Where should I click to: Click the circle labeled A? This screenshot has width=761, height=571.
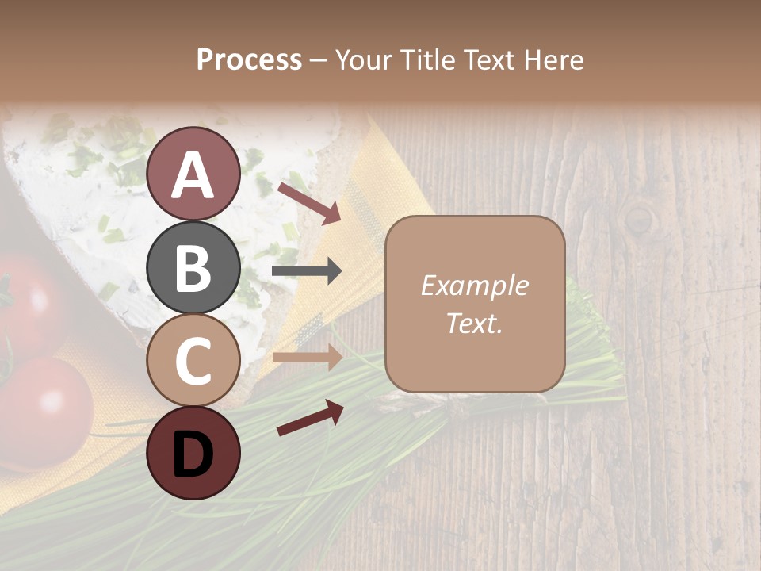193,174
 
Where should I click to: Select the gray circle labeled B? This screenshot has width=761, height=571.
193,267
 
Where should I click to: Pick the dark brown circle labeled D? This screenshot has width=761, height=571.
193,453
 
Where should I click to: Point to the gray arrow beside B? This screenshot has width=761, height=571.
308,272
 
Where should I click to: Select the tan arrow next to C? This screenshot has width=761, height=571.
308,358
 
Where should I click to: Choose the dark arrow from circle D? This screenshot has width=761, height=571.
310,418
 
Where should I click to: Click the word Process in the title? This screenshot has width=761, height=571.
249,60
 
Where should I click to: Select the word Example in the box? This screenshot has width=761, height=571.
474,286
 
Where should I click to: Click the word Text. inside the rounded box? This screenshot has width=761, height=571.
474,323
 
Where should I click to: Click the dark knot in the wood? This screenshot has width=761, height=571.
640,218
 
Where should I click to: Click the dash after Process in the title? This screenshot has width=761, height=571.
319,60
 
